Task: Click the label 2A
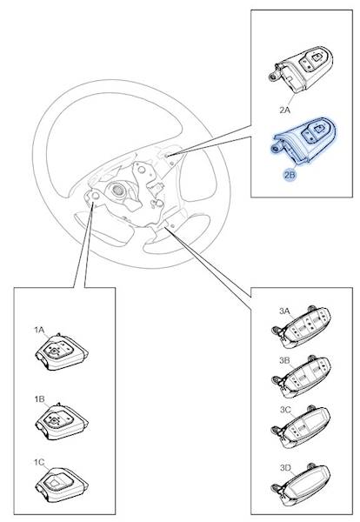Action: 285,110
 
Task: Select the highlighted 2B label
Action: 290,175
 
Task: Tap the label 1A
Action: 39,330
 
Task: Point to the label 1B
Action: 39,399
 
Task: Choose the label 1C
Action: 39,462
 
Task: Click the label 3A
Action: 284,311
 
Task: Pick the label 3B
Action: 284,360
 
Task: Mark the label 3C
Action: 285,410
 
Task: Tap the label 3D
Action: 285,468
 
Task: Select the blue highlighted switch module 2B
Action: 303,141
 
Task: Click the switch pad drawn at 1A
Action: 62,352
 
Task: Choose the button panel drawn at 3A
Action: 302,327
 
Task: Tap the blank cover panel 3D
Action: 302,485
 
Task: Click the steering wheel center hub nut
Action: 117,190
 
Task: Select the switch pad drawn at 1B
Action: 62,421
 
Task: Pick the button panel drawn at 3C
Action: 302,427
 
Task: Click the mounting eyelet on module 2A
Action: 274,77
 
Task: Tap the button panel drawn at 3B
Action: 302,377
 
